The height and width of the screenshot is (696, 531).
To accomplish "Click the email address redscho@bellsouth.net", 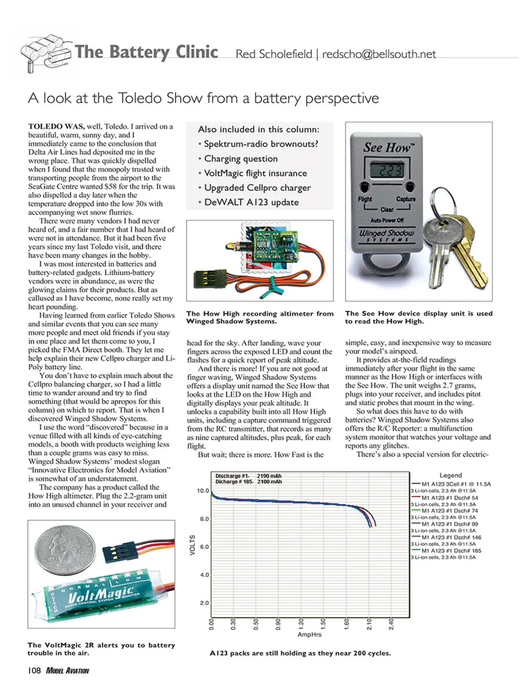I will (x=379, y=54).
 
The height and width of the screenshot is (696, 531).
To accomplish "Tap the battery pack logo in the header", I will (x=45, y=53).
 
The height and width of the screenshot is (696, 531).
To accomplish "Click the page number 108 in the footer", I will (x=34, y=670).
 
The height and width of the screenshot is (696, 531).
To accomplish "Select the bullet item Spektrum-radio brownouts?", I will (x=261, y=144).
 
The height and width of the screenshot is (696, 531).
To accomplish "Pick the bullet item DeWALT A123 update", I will (x=251, y=202).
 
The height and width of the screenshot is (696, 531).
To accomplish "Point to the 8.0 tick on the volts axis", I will (x=205, y=519).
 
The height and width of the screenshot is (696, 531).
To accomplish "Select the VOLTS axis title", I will (x=192, y=545).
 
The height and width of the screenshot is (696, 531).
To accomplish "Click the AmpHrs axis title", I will (x=309, y=634).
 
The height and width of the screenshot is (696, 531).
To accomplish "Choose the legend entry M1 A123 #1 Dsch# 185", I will (x=451, y=551).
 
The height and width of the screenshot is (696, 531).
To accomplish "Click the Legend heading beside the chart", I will (x=450, y=475).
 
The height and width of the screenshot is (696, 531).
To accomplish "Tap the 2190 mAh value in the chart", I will (x=269, y=476).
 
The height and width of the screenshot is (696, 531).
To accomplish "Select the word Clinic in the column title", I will (x=197, y=52).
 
